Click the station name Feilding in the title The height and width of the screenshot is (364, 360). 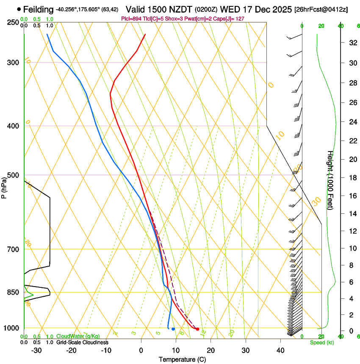click(39, 9)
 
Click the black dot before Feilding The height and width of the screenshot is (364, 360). click(19, 9)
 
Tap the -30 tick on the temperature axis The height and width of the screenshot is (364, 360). click(36, 350)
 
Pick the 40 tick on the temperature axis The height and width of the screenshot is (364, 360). click(280, 350)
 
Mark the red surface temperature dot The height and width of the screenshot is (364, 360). click(197, 329)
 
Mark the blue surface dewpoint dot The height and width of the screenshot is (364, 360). click(173, 329)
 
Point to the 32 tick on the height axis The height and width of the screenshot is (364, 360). click(352, 43)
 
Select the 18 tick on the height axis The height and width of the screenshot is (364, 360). click(352, 178)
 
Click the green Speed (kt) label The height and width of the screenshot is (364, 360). click(322, 342)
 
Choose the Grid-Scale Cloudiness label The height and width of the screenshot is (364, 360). click(82, 342)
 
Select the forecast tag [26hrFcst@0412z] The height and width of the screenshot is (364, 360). click(321, 9)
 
